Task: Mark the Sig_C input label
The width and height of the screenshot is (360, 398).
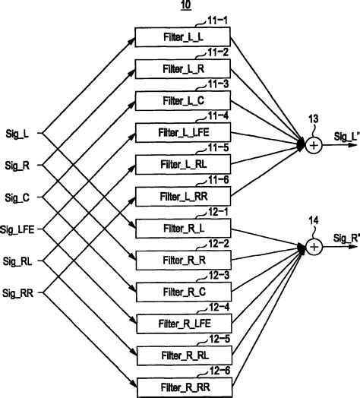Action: pyautogui.click(x=17, y=197)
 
